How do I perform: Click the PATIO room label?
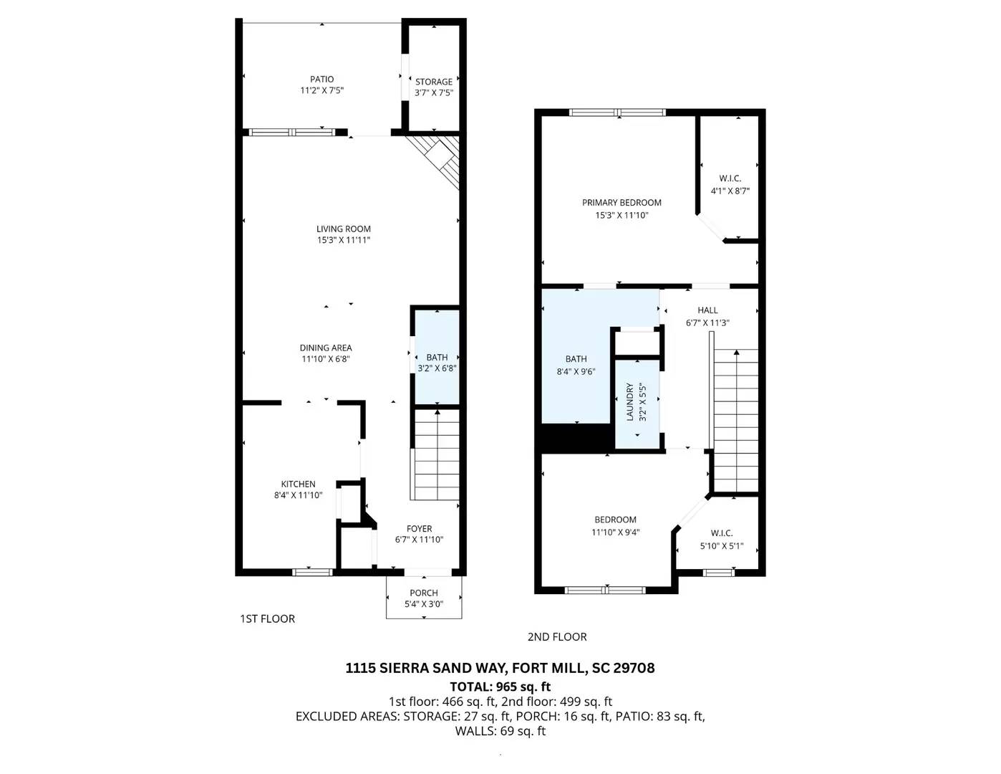321,80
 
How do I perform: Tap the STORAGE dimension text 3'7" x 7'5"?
434,93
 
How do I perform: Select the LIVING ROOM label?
344,229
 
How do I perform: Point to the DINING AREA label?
326,348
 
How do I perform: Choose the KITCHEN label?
298,484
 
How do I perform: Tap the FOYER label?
419,529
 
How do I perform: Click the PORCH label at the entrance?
424,593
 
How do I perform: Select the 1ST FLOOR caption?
267,619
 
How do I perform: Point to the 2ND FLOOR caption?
557,637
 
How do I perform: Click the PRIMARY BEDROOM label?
622,203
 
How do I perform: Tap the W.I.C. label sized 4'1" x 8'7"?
730,178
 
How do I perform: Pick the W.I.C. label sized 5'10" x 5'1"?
722,533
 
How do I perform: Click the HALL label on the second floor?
707,310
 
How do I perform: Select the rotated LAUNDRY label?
631,402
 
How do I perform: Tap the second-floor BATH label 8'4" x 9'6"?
576,359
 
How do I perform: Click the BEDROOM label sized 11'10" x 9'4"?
615,520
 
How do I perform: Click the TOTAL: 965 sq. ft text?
500,687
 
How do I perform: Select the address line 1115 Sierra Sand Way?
500,668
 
